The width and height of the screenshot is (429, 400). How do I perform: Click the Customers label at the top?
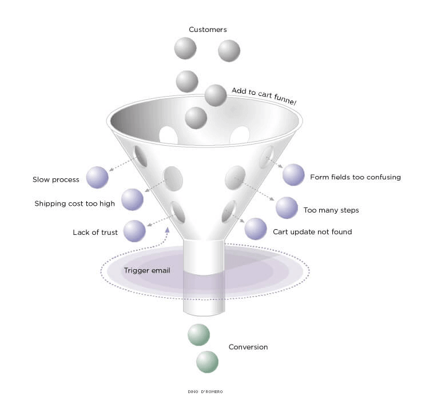pyautogui.click(x=208, y=30)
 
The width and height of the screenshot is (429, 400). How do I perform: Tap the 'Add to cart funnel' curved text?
pyautogui.click(x=264, y=96)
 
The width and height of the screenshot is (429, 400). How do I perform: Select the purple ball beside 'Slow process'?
pyautogui.click(x=97, y=177)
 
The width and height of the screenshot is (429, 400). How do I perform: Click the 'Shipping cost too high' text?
pyautogui.click(x=74, y=203)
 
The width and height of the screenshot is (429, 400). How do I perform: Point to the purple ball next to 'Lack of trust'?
pyautogui.click(x=134, y=231)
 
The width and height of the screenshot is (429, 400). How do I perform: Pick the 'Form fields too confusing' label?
pyautogui.click(x=355, y=177)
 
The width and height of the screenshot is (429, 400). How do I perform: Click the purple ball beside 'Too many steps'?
pyautogui.click(x=287, y=208)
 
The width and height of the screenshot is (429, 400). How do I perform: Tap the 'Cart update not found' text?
pyautogui.click(x=312, y=232)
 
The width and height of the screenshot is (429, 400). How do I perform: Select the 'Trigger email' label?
pyautogui.click(x=147, y=270)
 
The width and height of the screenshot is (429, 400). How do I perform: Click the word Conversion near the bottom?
pyautogui.click(x=248, y=347)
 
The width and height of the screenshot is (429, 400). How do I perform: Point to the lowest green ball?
pyautogui.click(x=208, y=362)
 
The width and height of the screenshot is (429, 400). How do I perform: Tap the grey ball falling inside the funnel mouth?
pyautogui.click(x=196, y=118)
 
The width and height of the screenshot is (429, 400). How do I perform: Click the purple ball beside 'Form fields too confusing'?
pyautogui.click(x=293, y=175)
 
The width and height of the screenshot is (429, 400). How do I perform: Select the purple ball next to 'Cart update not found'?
pyautogui.click(x=256, y=229)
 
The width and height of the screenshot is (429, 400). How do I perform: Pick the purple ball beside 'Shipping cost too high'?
pyautogui.click(x=132, y=199)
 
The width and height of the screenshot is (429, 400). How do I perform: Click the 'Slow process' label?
pyautogui.click(x=55, y=180)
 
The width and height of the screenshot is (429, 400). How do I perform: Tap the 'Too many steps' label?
pyautogui.click(x=332, y=210)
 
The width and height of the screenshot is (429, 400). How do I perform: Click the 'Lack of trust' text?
pyautogui.click(x=95, y=233)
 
